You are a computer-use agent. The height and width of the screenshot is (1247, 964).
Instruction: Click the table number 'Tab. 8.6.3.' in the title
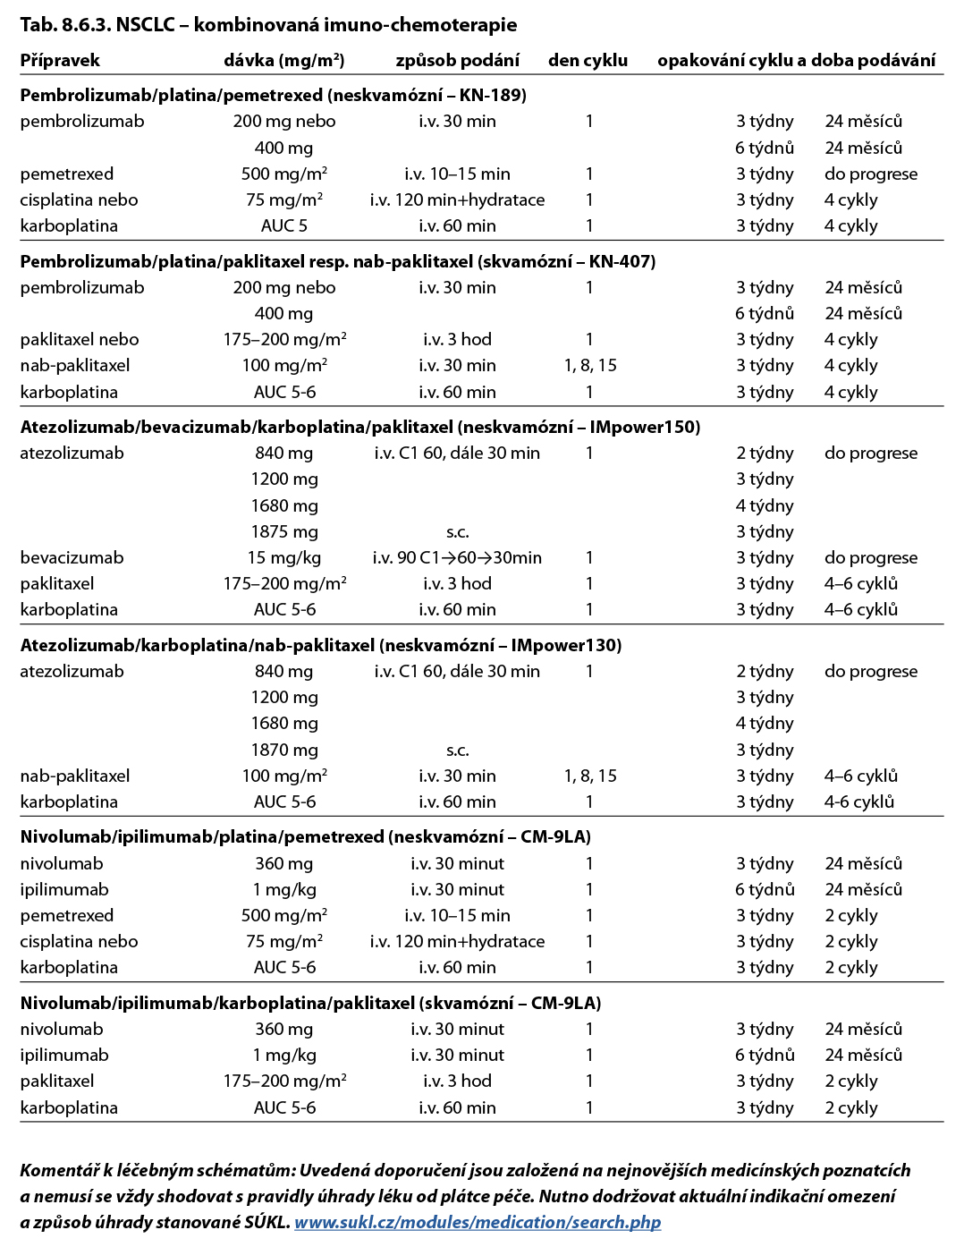click(65, 24)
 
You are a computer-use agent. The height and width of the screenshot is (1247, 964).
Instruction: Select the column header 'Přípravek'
click(60, 60)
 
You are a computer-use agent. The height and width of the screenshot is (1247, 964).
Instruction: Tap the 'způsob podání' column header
click(457, 60)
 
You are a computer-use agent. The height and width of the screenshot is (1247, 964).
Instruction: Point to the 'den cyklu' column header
click(588, 60)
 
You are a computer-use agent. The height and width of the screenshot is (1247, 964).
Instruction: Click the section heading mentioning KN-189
click(273, 95)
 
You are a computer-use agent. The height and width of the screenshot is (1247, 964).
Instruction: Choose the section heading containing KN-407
click(337, 261)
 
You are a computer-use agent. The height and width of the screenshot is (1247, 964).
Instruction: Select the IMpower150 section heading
click(359, 427)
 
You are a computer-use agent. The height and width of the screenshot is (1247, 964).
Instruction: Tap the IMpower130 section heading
click(320, 645)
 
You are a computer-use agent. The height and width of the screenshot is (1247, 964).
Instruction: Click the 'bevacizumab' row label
click(72, 557)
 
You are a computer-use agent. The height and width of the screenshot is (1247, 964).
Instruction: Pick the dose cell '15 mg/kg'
click(283, 557)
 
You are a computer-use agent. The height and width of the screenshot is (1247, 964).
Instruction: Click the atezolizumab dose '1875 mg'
click(283, 531)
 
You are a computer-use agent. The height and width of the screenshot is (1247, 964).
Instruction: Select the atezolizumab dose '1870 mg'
click(283, 750)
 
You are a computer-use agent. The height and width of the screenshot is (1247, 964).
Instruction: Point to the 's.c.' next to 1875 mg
click(457, 531)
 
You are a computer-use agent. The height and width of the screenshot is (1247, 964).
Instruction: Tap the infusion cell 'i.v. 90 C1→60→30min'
click(457, 557)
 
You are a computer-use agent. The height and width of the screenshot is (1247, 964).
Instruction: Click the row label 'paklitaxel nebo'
click(80, 339)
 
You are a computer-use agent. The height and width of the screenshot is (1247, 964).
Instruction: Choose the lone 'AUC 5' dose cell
click(283, 225)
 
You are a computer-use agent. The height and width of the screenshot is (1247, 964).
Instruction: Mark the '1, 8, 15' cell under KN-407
click(589, 365)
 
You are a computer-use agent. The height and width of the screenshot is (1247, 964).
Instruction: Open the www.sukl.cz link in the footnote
click(478, 1222)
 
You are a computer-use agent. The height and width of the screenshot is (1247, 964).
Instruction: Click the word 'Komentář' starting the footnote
click(59, 1170)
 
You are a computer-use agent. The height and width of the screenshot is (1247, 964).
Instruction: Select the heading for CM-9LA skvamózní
click(310, 1003)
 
